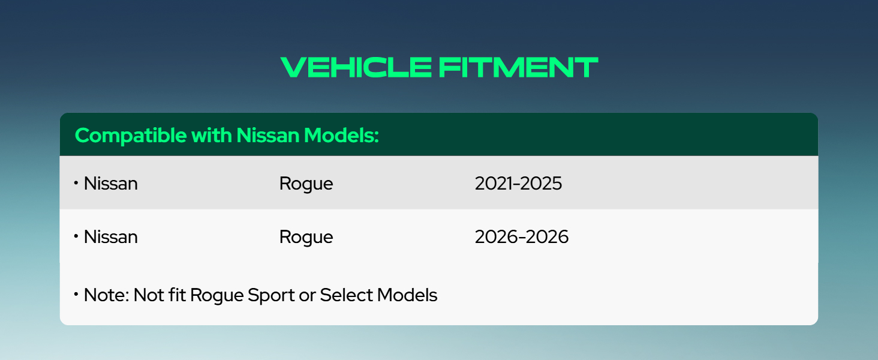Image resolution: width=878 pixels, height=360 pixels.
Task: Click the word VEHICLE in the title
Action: pyautogui.click(x=356, y=67)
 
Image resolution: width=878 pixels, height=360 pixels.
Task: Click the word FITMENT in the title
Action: pyautogui.click(x=518, y=67)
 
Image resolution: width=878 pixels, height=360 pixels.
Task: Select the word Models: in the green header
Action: pyautogui.click(x=341, y=135)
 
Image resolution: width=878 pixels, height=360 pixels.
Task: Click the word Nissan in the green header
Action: pyautogui.click(x=268, y=135)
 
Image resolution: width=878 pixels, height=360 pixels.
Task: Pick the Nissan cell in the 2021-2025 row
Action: pyautogui.click(x=110, y=184)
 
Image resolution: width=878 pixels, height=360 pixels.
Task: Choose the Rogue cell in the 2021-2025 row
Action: pyautogui.click(x=306, y=184)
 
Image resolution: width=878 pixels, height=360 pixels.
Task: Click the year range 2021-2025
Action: pyautogui.click(x=518, y=184)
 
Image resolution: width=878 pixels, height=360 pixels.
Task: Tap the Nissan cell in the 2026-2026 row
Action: pyautogui.click(x=110, y=237)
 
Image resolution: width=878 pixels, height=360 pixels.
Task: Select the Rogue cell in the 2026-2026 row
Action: pyautogui.click(x=306, y=237)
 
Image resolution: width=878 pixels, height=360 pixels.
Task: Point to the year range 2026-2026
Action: pyautogui.click(x=522, y=237)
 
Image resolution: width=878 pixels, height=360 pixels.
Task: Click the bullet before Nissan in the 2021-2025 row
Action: pyautogui.click(x=76, y=182)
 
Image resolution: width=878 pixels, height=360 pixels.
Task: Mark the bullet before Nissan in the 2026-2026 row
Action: pyautogui.click(x=76, y=236)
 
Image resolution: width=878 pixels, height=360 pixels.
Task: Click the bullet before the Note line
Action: pyautogui.click(x=76, y=294)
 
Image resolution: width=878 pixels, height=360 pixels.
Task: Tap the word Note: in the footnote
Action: pyautogui.click(x=107, y=295)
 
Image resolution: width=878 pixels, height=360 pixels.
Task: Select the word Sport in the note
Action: pyautogui.click(x=271, y=296)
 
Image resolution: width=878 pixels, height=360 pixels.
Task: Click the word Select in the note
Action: pyautogui.click(x=347, y=295)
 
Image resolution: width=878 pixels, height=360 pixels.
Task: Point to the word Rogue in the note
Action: pyautogui.click(x=217, y=296)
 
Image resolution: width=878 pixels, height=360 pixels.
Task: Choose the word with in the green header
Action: pyautogui.click(x=212, y=135)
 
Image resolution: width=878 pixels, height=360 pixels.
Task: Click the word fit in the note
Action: pyautogui.click(x=177, y=295)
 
